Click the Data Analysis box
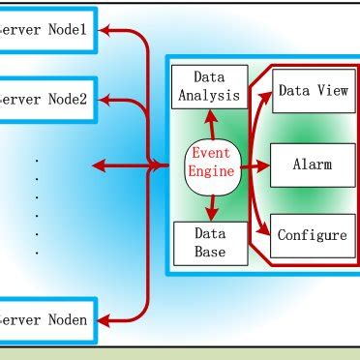[x=209, y=85]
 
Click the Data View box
[x=313, y=90]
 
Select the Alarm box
[x=313, y=165]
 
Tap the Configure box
[x=313, y=235]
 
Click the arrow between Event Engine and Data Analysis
[x=210, y=125]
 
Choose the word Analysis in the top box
[x=209, y=95]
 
